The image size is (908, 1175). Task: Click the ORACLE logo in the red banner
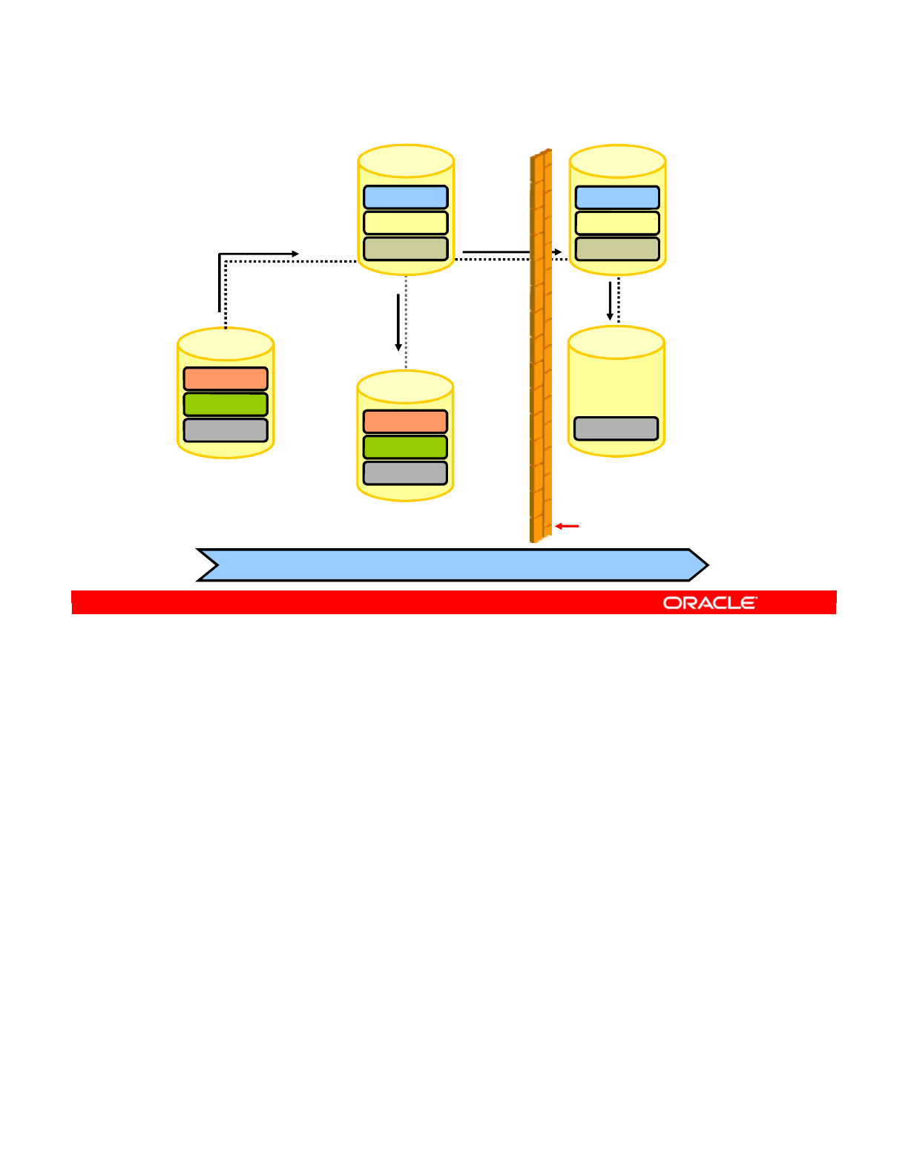(710, 603)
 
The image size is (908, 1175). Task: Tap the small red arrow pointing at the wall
(567, 526)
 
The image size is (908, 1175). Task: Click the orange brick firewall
(541, 349)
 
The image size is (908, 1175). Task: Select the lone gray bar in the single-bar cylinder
(616, 429)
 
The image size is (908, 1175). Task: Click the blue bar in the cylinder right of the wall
(617, 197)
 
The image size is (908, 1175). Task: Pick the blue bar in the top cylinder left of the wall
(406, 197)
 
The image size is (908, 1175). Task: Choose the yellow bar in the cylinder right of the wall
(617, 223)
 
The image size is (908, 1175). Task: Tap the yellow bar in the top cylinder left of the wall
(406, 223)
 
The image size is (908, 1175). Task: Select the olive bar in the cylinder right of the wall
(617, 249)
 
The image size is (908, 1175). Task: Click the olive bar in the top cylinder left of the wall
(406, 249)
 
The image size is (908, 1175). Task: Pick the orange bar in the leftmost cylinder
(226, 379)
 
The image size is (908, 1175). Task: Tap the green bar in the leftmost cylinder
(226, 404)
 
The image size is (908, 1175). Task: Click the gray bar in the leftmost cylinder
(226, 430)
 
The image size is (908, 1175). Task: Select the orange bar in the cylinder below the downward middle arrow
(405, 421)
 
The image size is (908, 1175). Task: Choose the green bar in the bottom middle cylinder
(405, 447)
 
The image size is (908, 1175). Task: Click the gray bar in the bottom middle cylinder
(405, 473)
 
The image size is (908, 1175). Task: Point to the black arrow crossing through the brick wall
(512, 252)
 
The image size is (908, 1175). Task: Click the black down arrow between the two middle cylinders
(398, 323)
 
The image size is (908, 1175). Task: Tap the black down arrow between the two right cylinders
(610, 301)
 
